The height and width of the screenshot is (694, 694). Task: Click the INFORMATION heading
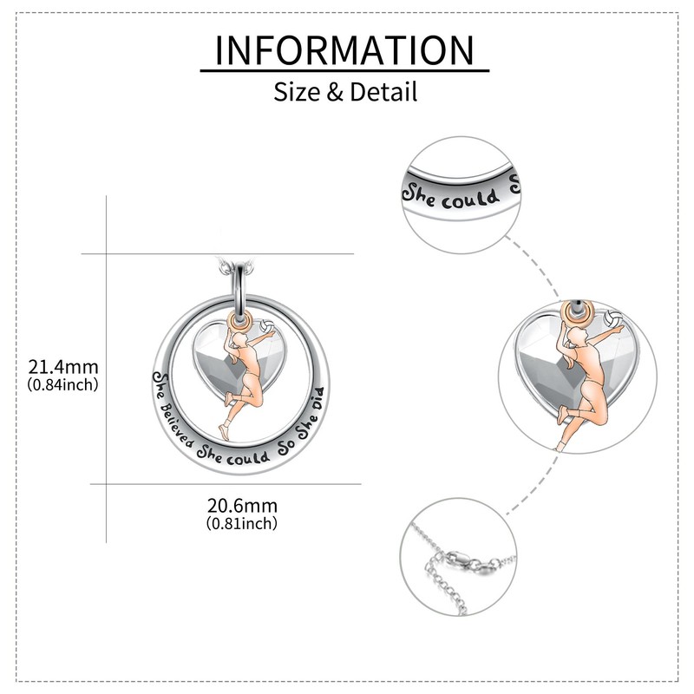pyautogui.click(x=345, y=50)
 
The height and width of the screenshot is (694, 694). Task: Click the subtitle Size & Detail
pyautogui.click(x=345, y=91)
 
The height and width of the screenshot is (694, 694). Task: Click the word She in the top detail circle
pyautogui.click(x=422, y=189)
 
